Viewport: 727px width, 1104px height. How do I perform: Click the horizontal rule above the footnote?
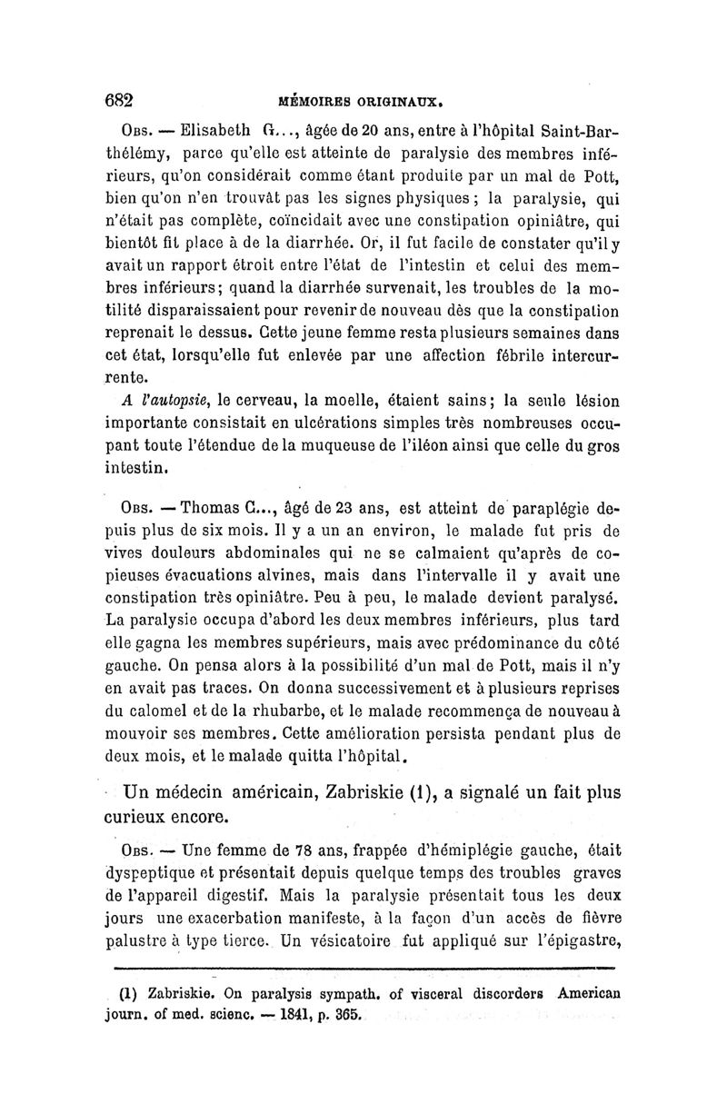pyautogui.click(x=363, y=970)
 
